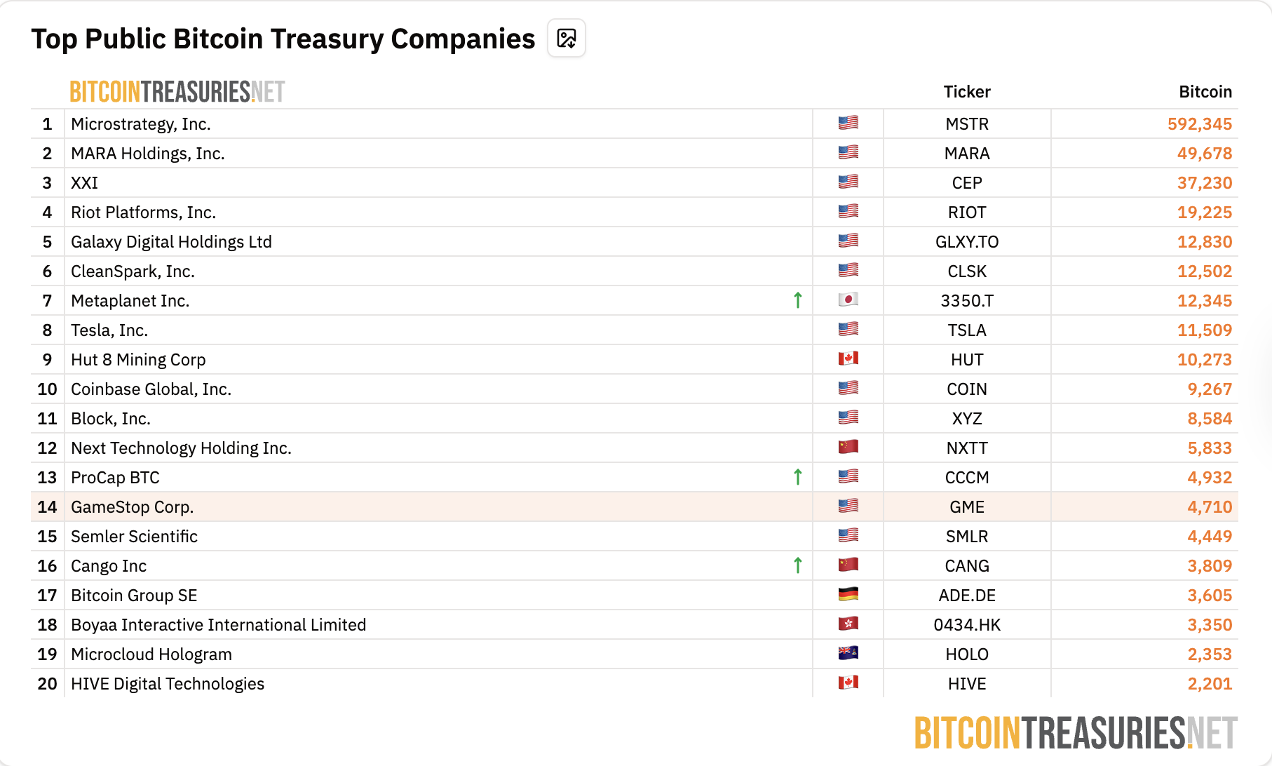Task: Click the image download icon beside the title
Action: (x=566, y=39)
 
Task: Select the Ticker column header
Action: (x=967, y=92)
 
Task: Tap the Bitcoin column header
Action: (x=1205, y=92)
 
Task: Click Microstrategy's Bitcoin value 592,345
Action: (x=1199, y=124)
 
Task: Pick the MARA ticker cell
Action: (x=967, y=154)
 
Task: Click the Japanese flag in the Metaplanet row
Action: (x=848, y=300)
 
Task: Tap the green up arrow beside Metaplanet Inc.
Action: (x=797, y=300)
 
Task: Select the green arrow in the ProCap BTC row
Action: (x=797, y=477)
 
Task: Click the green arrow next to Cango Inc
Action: (x=797, y=565)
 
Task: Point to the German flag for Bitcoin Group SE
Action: (x=848, y=595)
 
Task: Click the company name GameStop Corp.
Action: (x=132, y=507)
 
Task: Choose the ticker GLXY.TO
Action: (x=967, y=242)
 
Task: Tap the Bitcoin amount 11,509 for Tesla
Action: (x=1204, y=330)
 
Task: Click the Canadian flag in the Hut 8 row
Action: (x=848, y=359)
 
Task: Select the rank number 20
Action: (x=47, y=684)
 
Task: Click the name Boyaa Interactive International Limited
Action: (x=218, y=625)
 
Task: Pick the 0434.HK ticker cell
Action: (x=967, y=625)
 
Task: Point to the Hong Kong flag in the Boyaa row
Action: (x=848, y=624)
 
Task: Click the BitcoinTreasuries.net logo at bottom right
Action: (x=1076, y=734)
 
